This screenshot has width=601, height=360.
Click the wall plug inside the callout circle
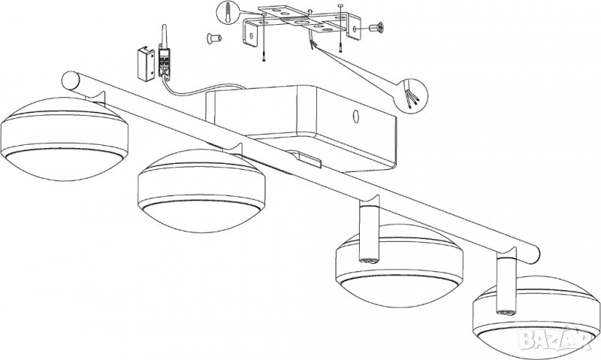coord(228,13)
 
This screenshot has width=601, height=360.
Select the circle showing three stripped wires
coord(410,96)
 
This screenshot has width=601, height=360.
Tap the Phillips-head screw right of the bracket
coord(376,28)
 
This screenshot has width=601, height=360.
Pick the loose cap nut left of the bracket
coord(214,38)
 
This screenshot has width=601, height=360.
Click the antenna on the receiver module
coord(164,35)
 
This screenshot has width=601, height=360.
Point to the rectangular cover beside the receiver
coord(146,64)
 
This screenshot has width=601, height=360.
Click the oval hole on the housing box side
coord(356,117)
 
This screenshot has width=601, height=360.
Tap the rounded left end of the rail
coord(70,80)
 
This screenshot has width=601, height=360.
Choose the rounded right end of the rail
coord(533,255)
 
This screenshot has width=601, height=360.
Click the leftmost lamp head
coord(65,139)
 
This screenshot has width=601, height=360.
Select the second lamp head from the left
coord(201,191)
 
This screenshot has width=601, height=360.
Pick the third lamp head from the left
coord(400,265)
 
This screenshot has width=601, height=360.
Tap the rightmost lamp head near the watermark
coord(536,317)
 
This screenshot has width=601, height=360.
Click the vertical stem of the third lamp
coord(369,233)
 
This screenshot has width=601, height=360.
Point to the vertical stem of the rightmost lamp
coord(506,283)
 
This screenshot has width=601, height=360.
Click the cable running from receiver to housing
coord(203,91)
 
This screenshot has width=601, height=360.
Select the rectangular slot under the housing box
coord(305,159)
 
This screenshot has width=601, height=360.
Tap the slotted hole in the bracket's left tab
coord(252,36)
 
